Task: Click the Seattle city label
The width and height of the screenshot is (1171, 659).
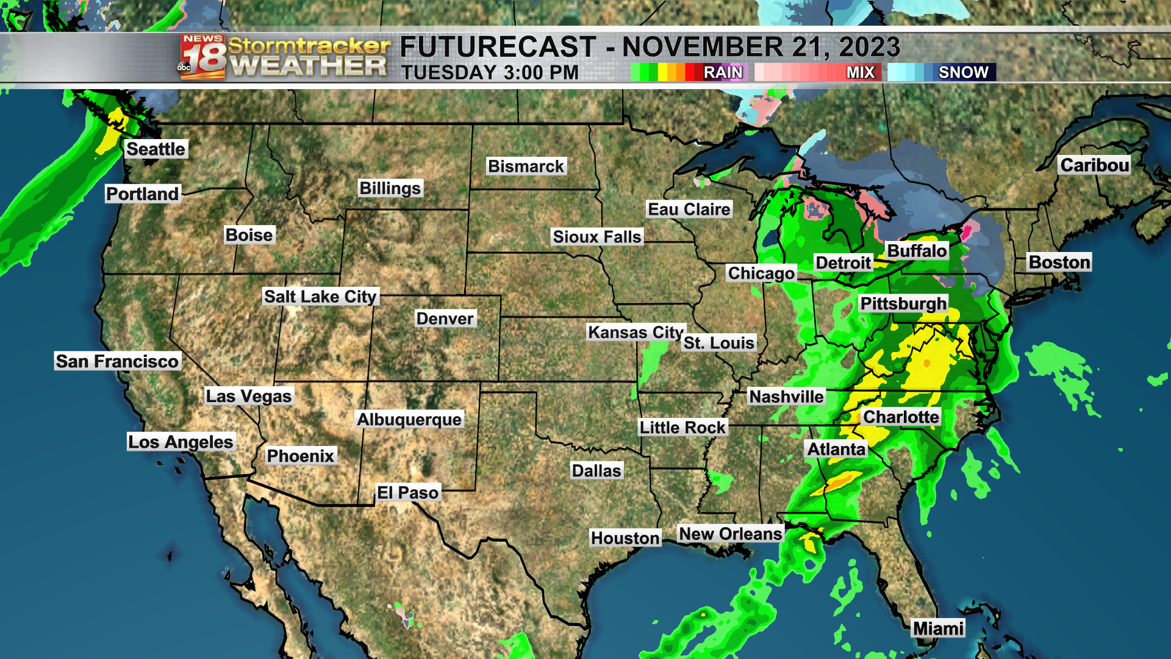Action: point(156,149)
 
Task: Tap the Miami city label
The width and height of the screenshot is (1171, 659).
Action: point(938,628)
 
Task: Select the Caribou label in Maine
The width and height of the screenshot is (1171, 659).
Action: point(1094,165)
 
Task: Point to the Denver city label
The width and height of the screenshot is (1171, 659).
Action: point(445,319)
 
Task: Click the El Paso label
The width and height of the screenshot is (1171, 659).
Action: point(407,492)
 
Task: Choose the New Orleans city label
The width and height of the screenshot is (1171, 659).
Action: point(730,534)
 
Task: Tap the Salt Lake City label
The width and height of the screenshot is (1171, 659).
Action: point(320,297)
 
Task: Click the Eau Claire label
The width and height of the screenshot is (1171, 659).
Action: point(689,209)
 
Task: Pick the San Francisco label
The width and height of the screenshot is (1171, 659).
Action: point(117,361)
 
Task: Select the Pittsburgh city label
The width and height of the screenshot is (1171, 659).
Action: point(903,303)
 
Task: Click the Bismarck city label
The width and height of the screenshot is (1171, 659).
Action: point(526,166)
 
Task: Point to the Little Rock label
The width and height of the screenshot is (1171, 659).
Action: point(682,427)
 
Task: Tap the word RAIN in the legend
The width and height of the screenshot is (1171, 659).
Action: point(723,72)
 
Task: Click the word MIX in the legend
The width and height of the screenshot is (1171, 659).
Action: point(860,72)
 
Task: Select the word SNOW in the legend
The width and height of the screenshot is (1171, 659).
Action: point(963,72)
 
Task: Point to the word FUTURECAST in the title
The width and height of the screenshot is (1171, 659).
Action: point(498,47)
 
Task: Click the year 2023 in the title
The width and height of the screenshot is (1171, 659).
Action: point(869,47)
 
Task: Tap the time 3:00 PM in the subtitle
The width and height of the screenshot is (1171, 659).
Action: point(541,73)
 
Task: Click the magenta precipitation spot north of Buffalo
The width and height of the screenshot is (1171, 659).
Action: point(967,232)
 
